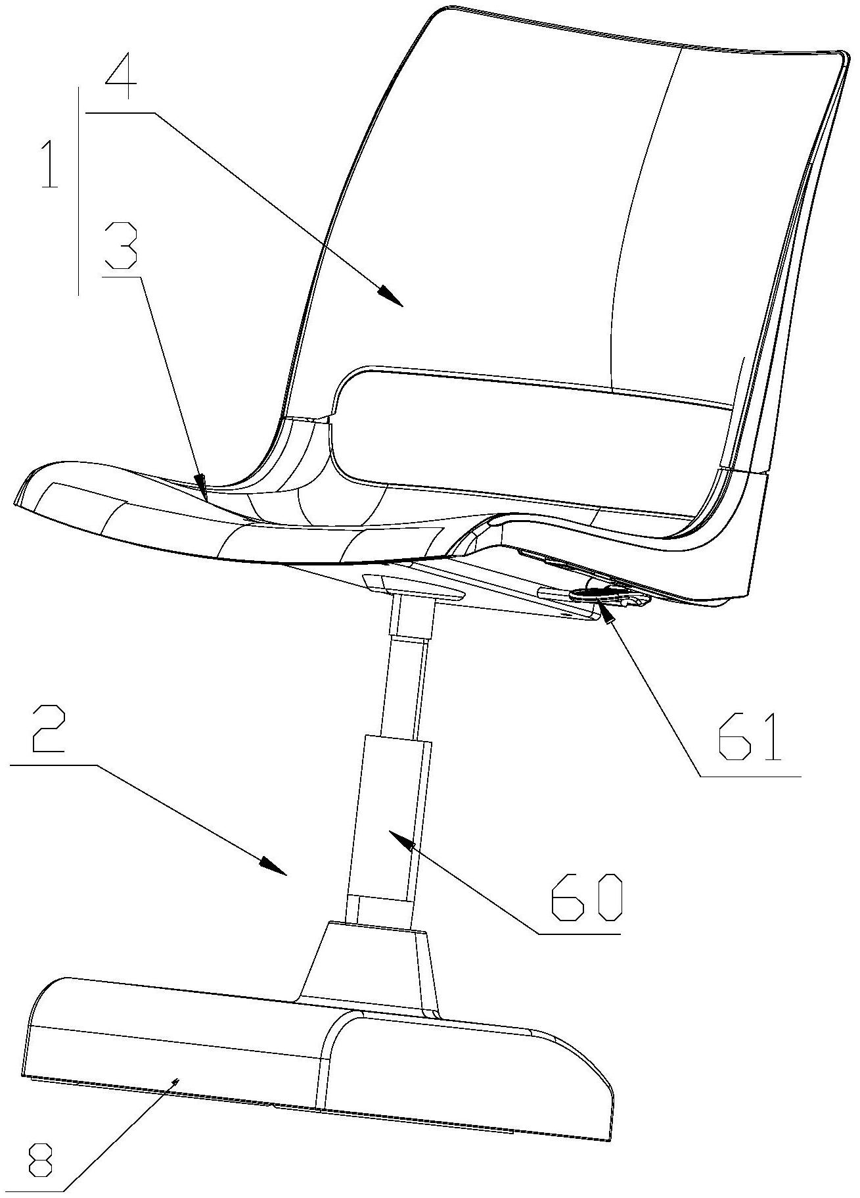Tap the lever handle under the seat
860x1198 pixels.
tap(608, 594)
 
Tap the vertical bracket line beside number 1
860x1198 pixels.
tap(79, 191)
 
